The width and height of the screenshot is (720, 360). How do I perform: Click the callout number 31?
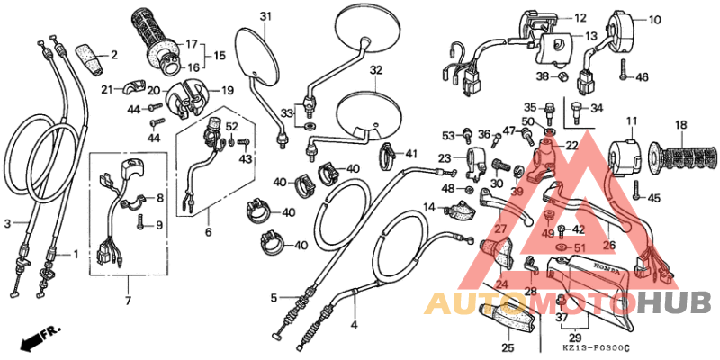[265, 17]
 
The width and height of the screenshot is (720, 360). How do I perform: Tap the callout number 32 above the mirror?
[375, 70]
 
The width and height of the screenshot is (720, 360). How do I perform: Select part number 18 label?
[681, 125]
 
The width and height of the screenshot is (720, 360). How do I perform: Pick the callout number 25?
[508, 347]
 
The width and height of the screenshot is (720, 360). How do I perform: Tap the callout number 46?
[642, 77]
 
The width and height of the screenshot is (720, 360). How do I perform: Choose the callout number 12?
[580, 17]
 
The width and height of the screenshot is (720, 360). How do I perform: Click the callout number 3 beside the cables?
[7, 222]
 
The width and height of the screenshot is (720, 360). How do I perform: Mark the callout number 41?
[411, 153]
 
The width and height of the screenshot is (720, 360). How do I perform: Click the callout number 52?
[231, 127]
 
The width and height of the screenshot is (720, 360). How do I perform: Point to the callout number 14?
[430, 208]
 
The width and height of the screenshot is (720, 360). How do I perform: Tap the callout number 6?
[208, 232]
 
